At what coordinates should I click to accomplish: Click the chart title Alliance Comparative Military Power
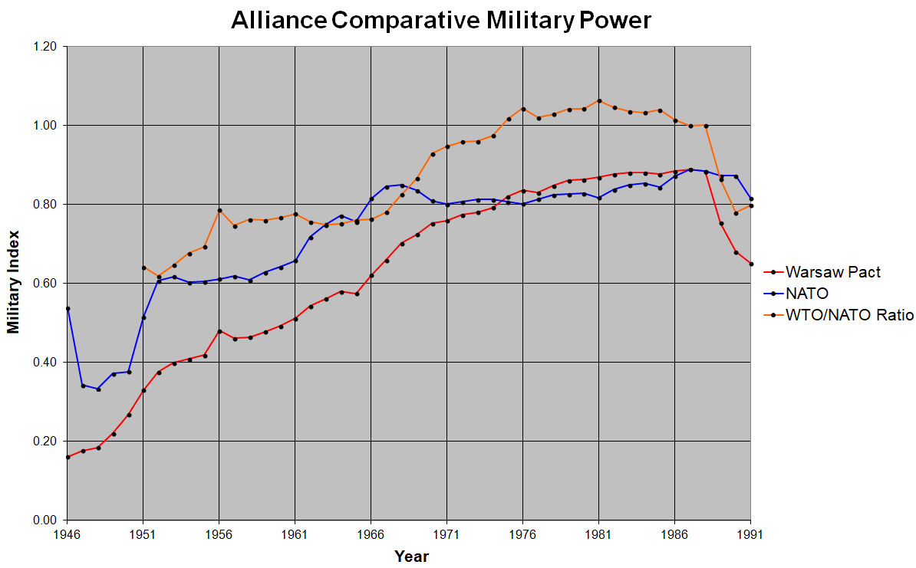pyautogui.click(x=441, y=21)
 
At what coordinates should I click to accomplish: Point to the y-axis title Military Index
pyautogui.click(x=13, y=283)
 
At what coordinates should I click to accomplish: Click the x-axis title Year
pyautogui.click(x=411, y=557)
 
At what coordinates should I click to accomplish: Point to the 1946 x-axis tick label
pyautogui.click(x=68, y=535)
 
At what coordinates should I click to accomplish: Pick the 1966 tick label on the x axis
pyautogui.click(x=371, y=535)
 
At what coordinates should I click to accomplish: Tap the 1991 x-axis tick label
pyautogui.click(x=751, y=535)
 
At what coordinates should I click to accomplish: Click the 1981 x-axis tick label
pyautogui.click(x=599, y=535)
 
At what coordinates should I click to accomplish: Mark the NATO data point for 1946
pyautogui.click(x=68, y=308)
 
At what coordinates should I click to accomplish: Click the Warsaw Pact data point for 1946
pyautogui.click(x=68, y=457)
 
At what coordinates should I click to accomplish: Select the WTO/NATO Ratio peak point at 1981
pyautogui.click(x=599, y=101)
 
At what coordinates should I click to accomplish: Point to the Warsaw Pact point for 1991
pyautogui.click(x=751, y=264)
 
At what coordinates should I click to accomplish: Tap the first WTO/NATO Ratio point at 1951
pyautogui.click(x=143, y=268)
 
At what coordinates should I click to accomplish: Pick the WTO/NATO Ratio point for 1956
pyautogui.click(x=219, y=210)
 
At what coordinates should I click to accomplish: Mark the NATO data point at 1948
pyautogui.click(x=98, y=389)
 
